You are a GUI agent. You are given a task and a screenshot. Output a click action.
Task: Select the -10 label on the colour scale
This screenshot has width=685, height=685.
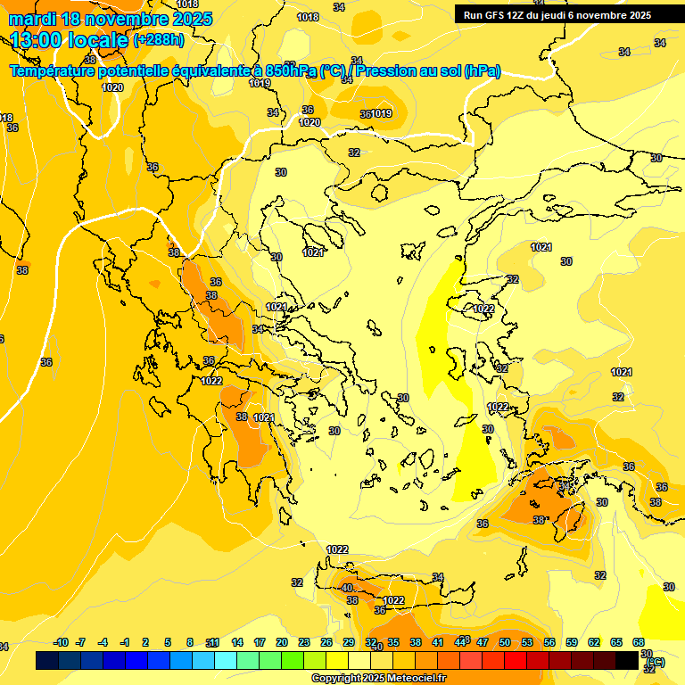point(61,642)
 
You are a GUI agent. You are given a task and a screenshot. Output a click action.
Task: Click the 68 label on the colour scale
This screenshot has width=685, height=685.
point(639,642)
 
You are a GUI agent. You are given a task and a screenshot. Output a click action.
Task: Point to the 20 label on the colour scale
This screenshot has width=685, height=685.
point(282,642)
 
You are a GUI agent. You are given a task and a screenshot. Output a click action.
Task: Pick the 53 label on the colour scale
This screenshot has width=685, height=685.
point(527,642)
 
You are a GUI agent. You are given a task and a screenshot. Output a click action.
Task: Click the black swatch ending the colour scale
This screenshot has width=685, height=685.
point(627,661)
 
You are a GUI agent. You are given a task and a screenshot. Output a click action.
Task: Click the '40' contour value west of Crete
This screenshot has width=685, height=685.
point(347,587)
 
